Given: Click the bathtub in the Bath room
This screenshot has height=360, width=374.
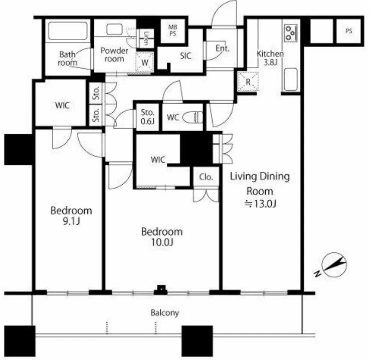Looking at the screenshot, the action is pyautogui.click(x=68, y=31).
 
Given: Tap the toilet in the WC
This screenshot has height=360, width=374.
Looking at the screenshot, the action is pyautogui.click(x=193, y=117).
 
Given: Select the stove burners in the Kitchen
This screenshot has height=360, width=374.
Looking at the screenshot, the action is pyautogui.click(x=291, y=33).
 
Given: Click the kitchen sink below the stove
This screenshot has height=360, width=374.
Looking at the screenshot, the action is pyautogui.click(x=291, y=80).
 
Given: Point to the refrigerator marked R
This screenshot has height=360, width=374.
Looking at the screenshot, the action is pyautogui.click(x=248, y=82).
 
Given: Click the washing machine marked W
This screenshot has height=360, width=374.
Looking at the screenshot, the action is pyautogui.click(x=144, y=62).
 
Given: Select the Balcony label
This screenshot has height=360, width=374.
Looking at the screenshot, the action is pyautogui.click(x=165, y=313).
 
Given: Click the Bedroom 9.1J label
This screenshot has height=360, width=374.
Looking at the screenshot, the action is pyautogui.click(x=71, y=216).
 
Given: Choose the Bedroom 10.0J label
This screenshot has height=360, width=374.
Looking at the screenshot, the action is pyautogui.click(x=162, y=237).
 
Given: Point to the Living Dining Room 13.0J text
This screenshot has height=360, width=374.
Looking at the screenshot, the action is pyautogui.click(x=260, y=190).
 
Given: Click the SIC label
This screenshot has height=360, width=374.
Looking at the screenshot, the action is pyautogui.click(x=185, y=56).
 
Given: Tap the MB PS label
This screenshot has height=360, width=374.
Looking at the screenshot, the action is pyautogui.click(x=173, y=31).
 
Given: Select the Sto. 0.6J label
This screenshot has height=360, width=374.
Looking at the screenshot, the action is pyautogui.click(x=147, y=117).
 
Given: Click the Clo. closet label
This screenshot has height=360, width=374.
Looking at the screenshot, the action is pyautogui.click(x=206, y=177).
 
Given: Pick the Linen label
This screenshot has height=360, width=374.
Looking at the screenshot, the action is pyautogui.click(x=146, y=39).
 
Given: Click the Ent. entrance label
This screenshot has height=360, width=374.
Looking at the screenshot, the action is pyautogui.click(x=223, y=49).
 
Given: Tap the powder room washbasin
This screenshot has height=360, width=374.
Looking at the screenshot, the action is pyautogui.click(x=114, y=30).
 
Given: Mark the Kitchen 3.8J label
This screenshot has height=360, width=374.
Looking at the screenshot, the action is pyautogui.click(x=270, y=58).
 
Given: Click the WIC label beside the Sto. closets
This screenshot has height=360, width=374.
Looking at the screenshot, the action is pyautogui.click(x=62, y=105).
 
